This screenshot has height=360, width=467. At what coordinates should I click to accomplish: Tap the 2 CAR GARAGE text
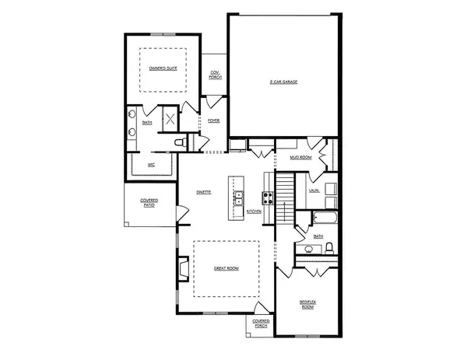[284, 81]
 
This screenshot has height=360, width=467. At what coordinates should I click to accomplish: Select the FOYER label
[214, 121]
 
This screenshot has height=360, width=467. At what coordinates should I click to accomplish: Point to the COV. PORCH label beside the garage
[214, 75]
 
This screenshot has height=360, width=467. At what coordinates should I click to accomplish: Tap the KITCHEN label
[254, 211]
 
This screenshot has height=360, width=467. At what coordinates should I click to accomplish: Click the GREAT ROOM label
[226, 268]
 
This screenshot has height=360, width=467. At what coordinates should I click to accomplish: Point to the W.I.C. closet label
[153, 165]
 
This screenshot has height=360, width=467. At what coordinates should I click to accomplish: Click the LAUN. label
[314, 190]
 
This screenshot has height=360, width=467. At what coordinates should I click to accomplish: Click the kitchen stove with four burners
[267, 197]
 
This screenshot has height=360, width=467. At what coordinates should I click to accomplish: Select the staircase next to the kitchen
[285, 198]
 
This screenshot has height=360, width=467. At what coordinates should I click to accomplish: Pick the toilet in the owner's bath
[178, 142]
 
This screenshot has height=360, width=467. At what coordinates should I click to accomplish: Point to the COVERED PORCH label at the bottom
[261, 323]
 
